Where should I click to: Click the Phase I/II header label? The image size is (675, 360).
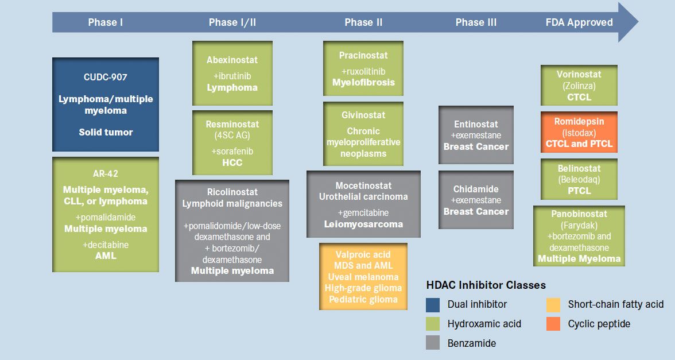232,22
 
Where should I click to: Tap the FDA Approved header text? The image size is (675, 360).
579,22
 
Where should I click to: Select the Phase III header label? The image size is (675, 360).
476,22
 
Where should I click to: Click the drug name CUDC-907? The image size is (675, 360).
106,77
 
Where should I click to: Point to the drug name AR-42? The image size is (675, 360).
106,173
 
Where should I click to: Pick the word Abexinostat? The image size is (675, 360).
232,60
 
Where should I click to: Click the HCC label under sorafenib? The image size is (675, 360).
232,162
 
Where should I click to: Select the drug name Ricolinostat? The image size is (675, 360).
232,192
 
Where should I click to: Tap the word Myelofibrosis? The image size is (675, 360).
363,82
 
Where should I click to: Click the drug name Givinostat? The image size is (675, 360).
363,115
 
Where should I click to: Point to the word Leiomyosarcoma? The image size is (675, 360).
363,224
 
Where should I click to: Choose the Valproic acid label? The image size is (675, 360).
363,254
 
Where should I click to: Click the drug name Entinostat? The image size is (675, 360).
476,124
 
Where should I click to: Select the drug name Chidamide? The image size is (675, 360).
476,189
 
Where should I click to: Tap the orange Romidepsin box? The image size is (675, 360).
579,132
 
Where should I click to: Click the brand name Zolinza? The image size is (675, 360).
579,86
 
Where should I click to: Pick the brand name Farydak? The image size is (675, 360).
579,225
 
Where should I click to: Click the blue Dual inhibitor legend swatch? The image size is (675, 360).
433,304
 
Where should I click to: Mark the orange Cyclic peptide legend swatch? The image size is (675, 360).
553,324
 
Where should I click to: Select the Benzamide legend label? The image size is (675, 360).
472,343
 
